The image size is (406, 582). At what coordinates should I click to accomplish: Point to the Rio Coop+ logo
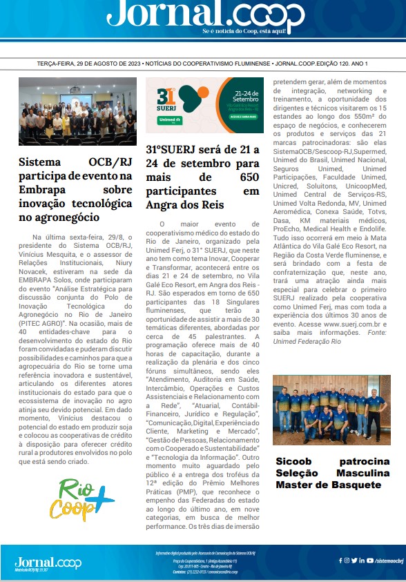tap(86, 498)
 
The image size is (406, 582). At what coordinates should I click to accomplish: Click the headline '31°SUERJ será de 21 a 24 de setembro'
tap(202, 177)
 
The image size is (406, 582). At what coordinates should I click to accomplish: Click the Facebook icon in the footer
tap(340, 561)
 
